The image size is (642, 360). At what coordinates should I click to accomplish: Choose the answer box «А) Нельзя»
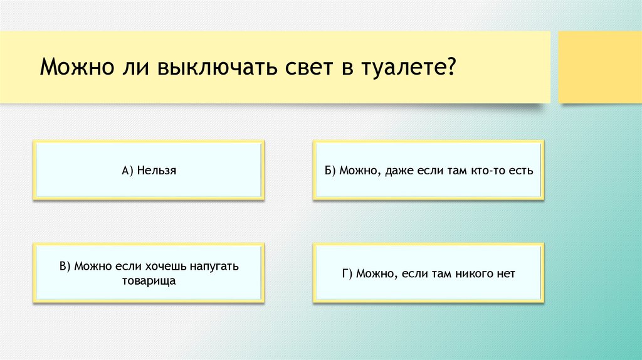click(148, 171)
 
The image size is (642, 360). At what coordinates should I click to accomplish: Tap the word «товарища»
click(149, 281)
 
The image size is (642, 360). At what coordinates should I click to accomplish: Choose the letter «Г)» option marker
click(349, 274)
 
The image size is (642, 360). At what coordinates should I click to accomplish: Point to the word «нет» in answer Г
click(505, 274)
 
